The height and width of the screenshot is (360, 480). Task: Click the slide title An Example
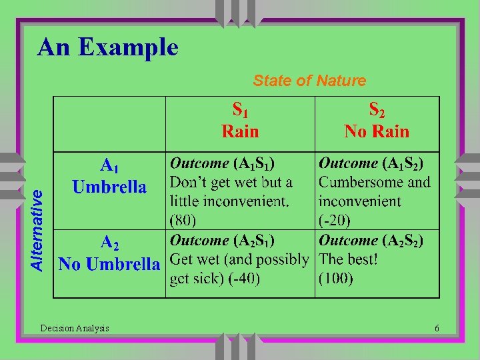pos(108,47)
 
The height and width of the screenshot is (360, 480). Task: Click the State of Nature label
pos(309,81)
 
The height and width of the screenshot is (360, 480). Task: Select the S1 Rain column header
pos(240,121)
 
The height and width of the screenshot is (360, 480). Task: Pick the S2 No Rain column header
pos(377,121)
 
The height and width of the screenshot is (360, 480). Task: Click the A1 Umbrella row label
pos(109,176)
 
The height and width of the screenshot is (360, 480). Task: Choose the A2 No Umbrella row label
pos(109,254)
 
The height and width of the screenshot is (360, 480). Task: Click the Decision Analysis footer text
pos(75,328)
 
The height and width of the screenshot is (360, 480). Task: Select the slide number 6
pos(437,328)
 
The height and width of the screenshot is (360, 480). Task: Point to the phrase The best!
pos(349,259)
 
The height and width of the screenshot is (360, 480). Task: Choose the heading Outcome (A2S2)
pos(371,240)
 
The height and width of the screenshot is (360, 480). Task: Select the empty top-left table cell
pos(109,124)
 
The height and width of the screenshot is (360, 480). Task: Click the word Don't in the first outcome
pos(187,182)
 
